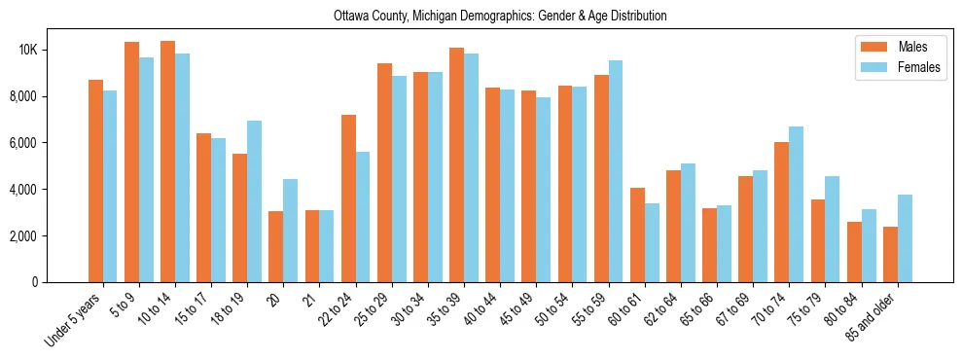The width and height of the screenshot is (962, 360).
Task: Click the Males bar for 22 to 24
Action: pos(348,198)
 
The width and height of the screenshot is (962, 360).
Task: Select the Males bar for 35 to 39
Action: pos(456,164)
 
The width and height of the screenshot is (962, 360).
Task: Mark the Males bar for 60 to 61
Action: pos(637,234)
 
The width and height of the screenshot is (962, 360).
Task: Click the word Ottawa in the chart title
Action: pos(351,17)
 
